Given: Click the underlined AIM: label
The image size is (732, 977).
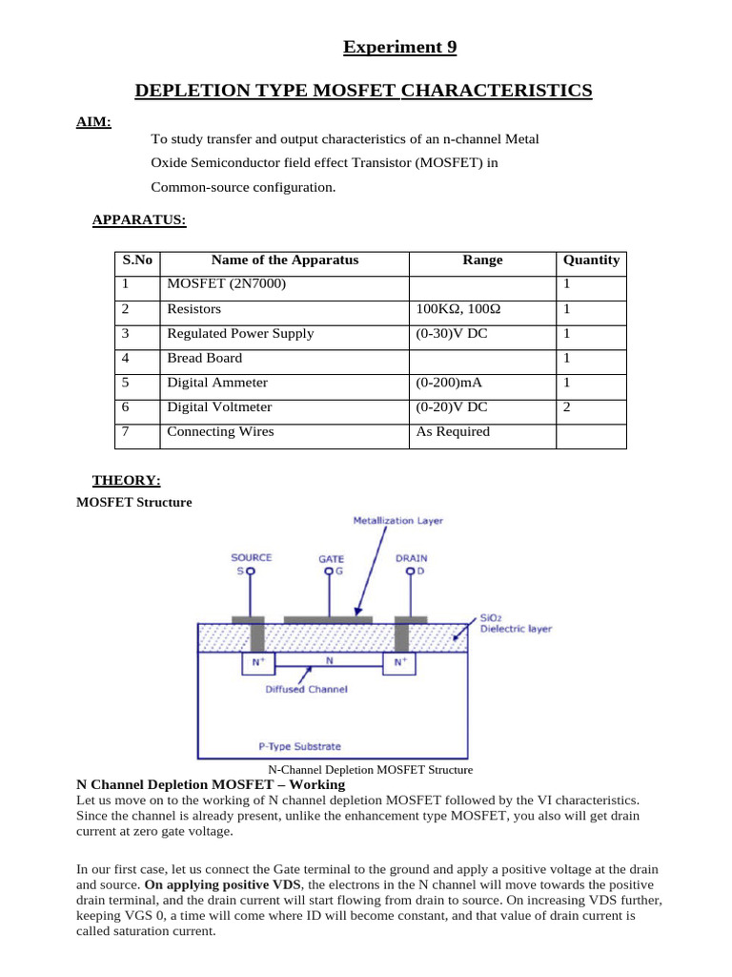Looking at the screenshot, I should click(93, 121).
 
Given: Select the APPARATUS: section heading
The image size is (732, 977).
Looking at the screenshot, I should click(139, 220).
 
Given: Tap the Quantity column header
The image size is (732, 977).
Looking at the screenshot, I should click(591, 260).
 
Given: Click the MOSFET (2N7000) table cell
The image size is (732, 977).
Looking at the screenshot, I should click(226, 284).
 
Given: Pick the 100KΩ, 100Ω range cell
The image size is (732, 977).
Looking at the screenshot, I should click(458, 309).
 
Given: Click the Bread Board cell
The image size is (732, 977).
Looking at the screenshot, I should click(205, 358).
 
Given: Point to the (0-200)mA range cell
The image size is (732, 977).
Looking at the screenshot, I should click(449, 383).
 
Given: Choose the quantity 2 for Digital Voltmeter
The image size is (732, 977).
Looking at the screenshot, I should click(566, 406).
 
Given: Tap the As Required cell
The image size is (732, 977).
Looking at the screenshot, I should click(453, 431).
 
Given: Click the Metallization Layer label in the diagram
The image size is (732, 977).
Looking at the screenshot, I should click(397, 521).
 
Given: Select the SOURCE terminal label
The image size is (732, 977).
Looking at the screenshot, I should click(252, 557).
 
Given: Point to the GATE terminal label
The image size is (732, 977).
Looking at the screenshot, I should click(331, 559).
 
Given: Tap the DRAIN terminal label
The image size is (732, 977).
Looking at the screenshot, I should click(412, 557).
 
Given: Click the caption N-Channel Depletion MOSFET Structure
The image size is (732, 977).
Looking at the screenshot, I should click(370, 770).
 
